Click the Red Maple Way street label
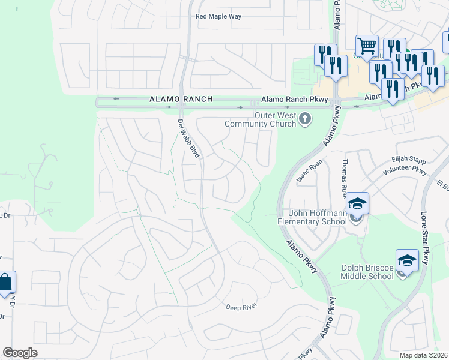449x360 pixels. click(x=218, y=16)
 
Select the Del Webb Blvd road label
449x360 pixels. click(x=189, y=138)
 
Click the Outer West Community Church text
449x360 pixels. click(x=260, y=119)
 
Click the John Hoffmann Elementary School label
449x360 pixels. click(x=318, y=217)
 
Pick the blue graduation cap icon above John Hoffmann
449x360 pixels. click(x=357, y=203)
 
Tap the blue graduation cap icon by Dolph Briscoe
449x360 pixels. click(x=406, y=260)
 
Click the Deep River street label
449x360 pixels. click(x=241, y=307)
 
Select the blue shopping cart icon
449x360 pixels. click(x=366, y=45)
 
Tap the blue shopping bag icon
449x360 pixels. click(x=5, y=283)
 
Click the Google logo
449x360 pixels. click(x=20, y=353)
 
